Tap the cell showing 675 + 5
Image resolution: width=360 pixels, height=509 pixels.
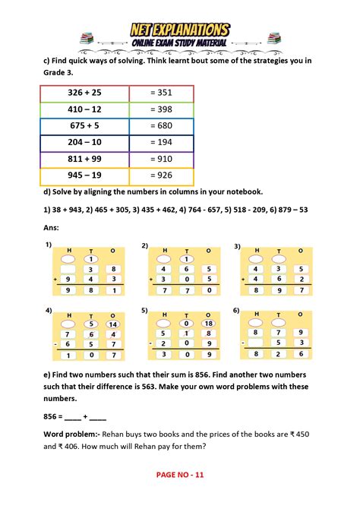click(85, 127)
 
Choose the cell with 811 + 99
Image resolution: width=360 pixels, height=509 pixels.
click(85, 160)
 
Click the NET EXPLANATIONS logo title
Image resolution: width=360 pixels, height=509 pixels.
click(180, 30)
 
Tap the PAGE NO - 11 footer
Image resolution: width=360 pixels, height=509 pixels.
click(180, 495)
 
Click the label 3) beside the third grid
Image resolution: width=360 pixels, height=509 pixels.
click(237, 245)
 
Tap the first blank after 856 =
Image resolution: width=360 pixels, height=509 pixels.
click(74, 416)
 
